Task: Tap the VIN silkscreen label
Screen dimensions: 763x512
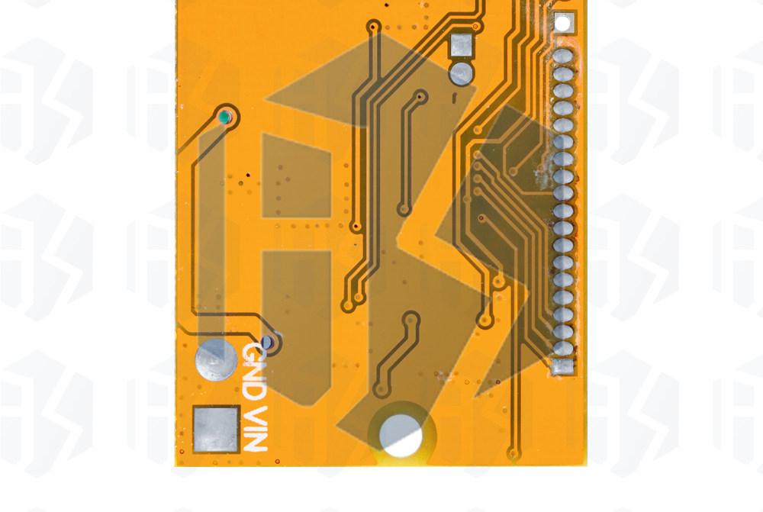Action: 255,428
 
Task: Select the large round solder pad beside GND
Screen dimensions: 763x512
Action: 216,360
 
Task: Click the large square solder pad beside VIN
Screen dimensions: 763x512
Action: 216,429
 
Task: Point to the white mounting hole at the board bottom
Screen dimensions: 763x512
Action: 401,436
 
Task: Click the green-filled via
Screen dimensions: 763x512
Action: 224,117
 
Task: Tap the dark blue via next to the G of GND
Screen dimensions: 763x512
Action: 266,342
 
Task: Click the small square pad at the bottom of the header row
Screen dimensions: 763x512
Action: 563,366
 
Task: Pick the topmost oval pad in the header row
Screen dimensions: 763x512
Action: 563,56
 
